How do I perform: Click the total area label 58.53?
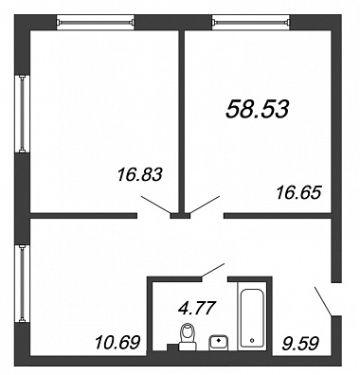tap(258, 109)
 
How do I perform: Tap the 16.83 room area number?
tap(139, 174)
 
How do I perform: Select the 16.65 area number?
tap(298, 192)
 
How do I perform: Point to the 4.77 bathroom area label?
tap(197, 308)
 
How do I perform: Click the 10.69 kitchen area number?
tap(117, 342)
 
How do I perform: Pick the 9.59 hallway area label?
tap(300, 343)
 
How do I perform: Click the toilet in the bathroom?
tap(188, 337)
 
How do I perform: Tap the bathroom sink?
tap(219, 343)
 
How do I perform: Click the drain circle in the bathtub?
tap(252, 341)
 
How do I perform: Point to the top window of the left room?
tap(96, 23)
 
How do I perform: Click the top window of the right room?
tap(251, 23)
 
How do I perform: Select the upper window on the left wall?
tap(22, 114)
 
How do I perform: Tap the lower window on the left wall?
tap(22, 284)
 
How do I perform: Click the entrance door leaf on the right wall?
tap(323, 301)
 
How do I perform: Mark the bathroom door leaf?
tap(213, 271)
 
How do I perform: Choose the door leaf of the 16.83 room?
tap(156, 205)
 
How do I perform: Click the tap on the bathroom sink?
tap(219, 341)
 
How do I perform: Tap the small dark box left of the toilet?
tap(172, 348)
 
